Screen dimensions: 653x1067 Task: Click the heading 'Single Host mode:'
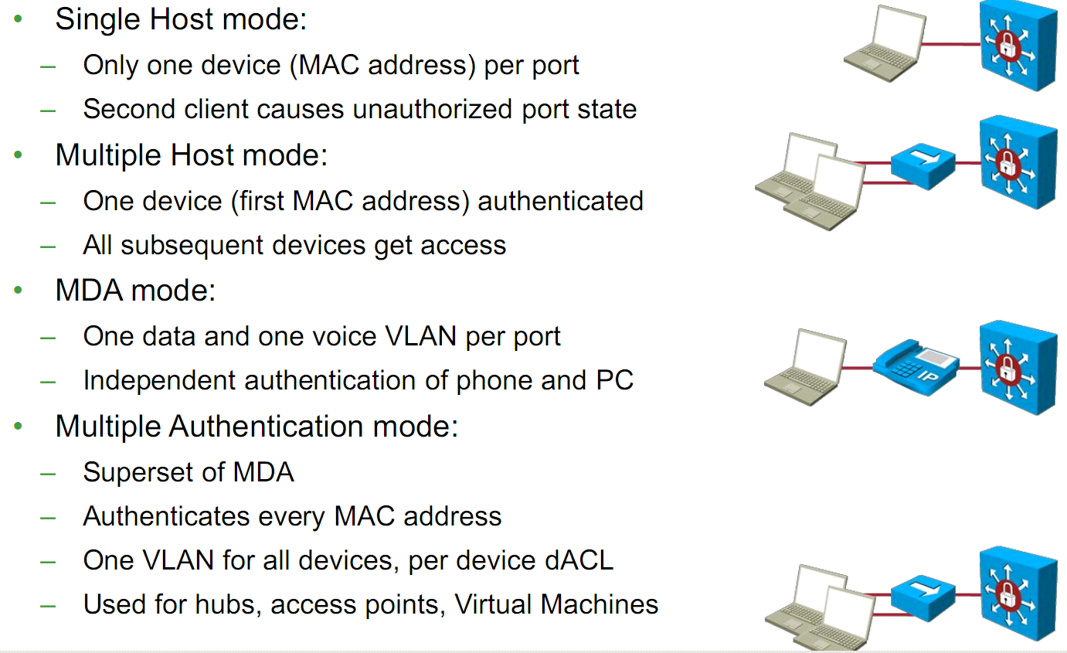[181, 19]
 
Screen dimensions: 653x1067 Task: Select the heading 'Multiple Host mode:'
[192, 155]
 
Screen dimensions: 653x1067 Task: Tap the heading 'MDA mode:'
[135, 291]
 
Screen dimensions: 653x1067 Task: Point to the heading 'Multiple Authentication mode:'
[257, 427]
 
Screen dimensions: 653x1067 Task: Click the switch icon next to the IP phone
[1017, 367]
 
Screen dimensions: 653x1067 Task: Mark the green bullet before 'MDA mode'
[19, 291]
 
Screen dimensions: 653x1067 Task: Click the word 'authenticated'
[561, 201]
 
